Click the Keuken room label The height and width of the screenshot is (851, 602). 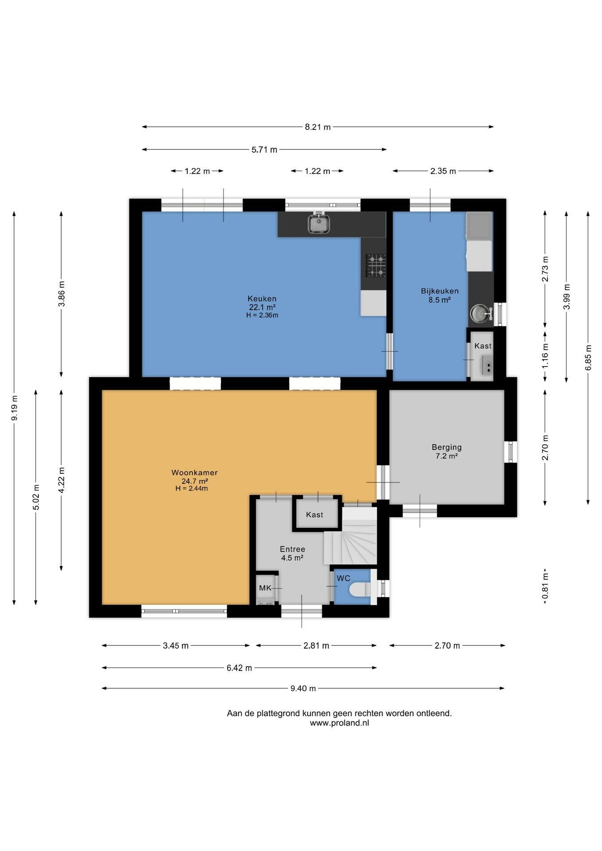[x=262, y=299]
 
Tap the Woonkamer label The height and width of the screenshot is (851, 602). [x=195, y=472]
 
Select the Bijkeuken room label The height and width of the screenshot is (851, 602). [x=440, y=291]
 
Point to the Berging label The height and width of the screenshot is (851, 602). [x=447, y=447]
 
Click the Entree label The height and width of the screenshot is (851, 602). [x=293, y=549]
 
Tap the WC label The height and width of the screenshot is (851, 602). [x=344, y=578]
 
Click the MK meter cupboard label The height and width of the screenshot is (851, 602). [x=265, y=588]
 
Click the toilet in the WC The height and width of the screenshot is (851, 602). [x=360, y=590]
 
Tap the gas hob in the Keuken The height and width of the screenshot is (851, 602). [x=375, y=265]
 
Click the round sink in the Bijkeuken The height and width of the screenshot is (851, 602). [x=480, y=313]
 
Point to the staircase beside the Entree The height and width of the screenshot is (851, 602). [x=351, y=536]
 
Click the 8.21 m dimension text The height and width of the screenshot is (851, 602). [x=318, y=127]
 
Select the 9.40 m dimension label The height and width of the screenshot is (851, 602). [x=303, y=688]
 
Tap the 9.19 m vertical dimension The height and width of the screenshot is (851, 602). [x=15, y=408]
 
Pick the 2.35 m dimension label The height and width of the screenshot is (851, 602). [x=443, y=171]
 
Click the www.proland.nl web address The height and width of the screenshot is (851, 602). [x=340, y=723]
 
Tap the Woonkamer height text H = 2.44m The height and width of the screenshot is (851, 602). [x=192, y=489]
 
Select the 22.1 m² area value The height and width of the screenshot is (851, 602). [x=262, y=307]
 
